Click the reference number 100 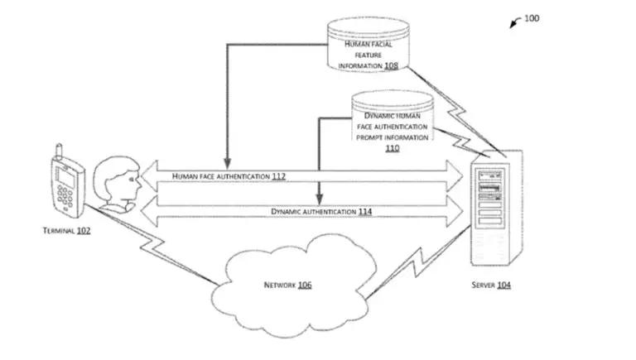click(x=532, y=18)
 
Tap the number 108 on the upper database click(x=391, y=65)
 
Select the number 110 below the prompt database click(x=393, y=148)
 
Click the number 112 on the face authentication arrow click(x=278, y=176)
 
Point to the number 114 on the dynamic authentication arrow click(x=365, y=212)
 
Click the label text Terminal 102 click(x=66, y=231)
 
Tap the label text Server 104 click(x=491, y=285)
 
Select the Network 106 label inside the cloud click(x=287, y=285)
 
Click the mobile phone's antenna click(x=60, y=151)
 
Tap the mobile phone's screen click(x=65, y=178)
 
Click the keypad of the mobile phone click(x=65, y=198)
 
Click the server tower click(x=496, y=208)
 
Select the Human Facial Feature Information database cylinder click(x=369, y=45)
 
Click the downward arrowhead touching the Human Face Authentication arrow click(x=228, y=163)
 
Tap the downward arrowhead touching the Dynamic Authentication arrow click(x=320, y=199)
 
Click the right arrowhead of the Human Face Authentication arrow click(x=455, y=176)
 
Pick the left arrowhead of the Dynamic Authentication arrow click(x=149, y=211)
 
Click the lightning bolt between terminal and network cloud click(x=152, y=245)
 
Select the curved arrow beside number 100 click(x=515, y=22)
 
